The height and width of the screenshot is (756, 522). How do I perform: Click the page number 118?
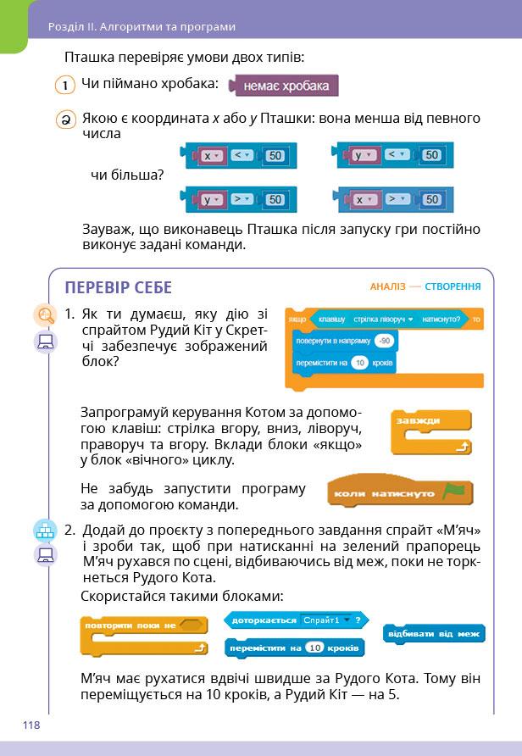click(31, 725)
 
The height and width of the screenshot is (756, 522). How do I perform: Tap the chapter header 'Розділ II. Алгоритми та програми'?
click(142, 26)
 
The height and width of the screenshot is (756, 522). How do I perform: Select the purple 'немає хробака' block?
click(285, 86)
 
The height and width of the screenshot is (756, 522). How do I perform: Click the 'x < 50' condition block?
click(234, 155)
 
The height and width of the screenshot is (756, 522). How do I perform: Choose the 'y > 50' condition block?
click(234, 199)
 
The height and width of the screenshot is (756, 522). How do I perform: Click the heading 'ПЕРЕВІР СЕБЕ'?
click(118, 287)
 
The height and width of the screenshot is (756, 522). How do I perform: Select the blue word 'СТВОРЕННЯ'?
click(453, 286)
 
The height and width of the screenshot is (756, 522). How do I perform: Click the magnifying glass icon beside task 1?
click(44, 315)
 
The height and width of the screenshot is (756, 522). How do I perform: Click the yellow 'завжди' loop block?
click(430, 431)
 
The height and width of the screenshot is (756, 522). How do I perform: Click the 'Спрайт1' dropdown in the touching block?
click(325, 620)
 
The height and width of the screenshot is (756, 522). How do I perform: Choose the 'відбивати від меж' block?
click(434, 634)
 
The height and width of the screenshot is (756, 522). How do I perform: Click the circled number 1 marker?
click(65, 86)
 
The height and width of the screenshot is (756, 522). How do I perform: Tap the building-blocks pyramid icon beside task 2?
click(44, 531)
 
